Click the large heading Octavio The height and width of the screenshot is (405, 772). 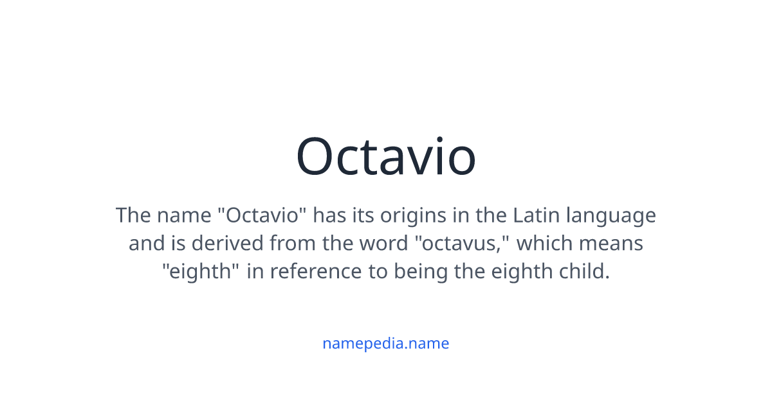click(x=386, y=156)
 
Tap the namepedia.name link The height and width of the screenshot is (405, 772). click(x=386, y=343)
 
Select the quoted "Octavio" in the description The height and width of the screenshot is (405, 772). click(x=262, y=215)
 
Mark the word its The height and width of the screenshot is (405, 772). click(x=363, y=215)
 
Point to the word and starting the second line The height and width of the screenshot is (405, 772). click(x=142, y=244)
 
